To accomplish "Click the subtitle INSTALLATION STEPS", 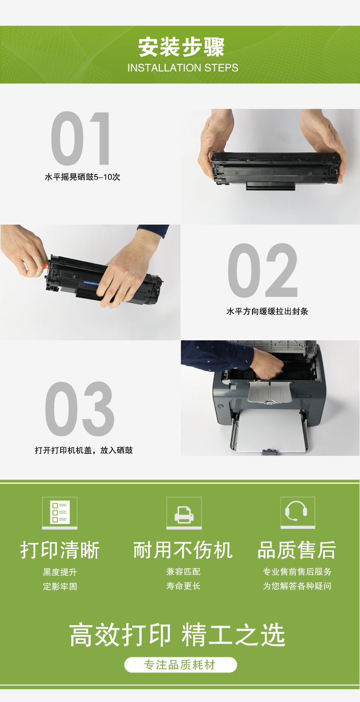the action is click(x=183, y=68).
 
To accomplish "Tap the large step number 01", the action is click(x=80, y=138).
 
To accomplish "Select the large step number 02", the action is click(x=262, y=270).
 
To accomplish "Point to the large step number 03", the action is click(x=80, y=409).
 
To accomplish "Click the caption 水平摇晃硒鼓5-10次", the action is click(x=82, y=177).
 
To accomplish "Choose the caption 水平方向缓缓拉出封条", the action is click(x=267, y=311).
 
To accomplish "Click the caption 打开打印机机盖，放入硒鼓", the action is click(x=84, y=451).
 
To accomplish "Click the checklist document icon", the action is click(x=60, y=512).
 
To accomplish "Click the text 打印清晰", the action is click(x=60, y=550).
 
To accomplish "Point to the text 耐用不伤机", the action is click(x=183, y=550).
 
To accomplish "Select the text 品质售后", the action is click(x=297, y=550).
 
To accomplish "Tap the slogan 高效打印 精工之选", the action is click(x=177, y=635).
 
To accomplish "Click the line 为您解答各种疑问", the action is click(x=297, y=586).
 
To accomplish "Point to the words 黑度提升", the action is click(x=60, y=572).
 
